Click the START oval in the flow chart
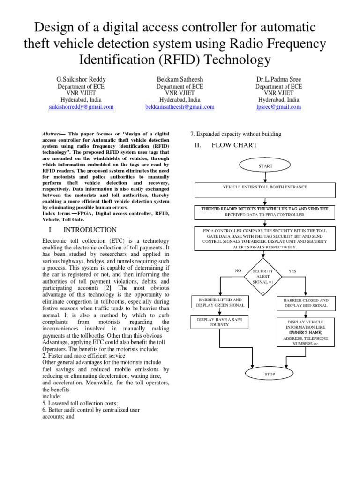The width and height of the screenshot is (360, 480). click(265, 166)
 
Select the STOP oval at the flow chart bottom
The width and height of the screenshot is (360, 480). click(269, 374)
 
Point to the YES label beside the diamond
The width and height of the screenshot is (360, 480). click(292, 271)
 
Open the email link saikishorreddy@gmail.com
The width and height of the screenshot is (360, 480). click(81, 107)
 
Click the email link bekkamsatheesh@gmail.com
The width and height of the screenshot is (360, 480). click(180, 107)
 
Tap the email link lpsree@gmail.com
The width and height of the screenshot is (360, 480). click(278, 107)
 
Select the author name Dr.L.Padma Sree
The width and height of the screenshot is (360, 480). click(278, 79)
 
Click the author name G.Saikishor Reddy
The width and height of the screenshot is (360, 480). click(81, 79)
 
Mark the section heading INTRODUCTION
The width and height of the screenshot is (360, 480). click(90, 230)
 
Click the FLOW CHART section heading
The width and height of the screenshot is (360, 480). click(234, 145)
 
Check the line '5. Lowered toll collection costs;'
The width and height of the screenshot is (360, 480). click(80, 403)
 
